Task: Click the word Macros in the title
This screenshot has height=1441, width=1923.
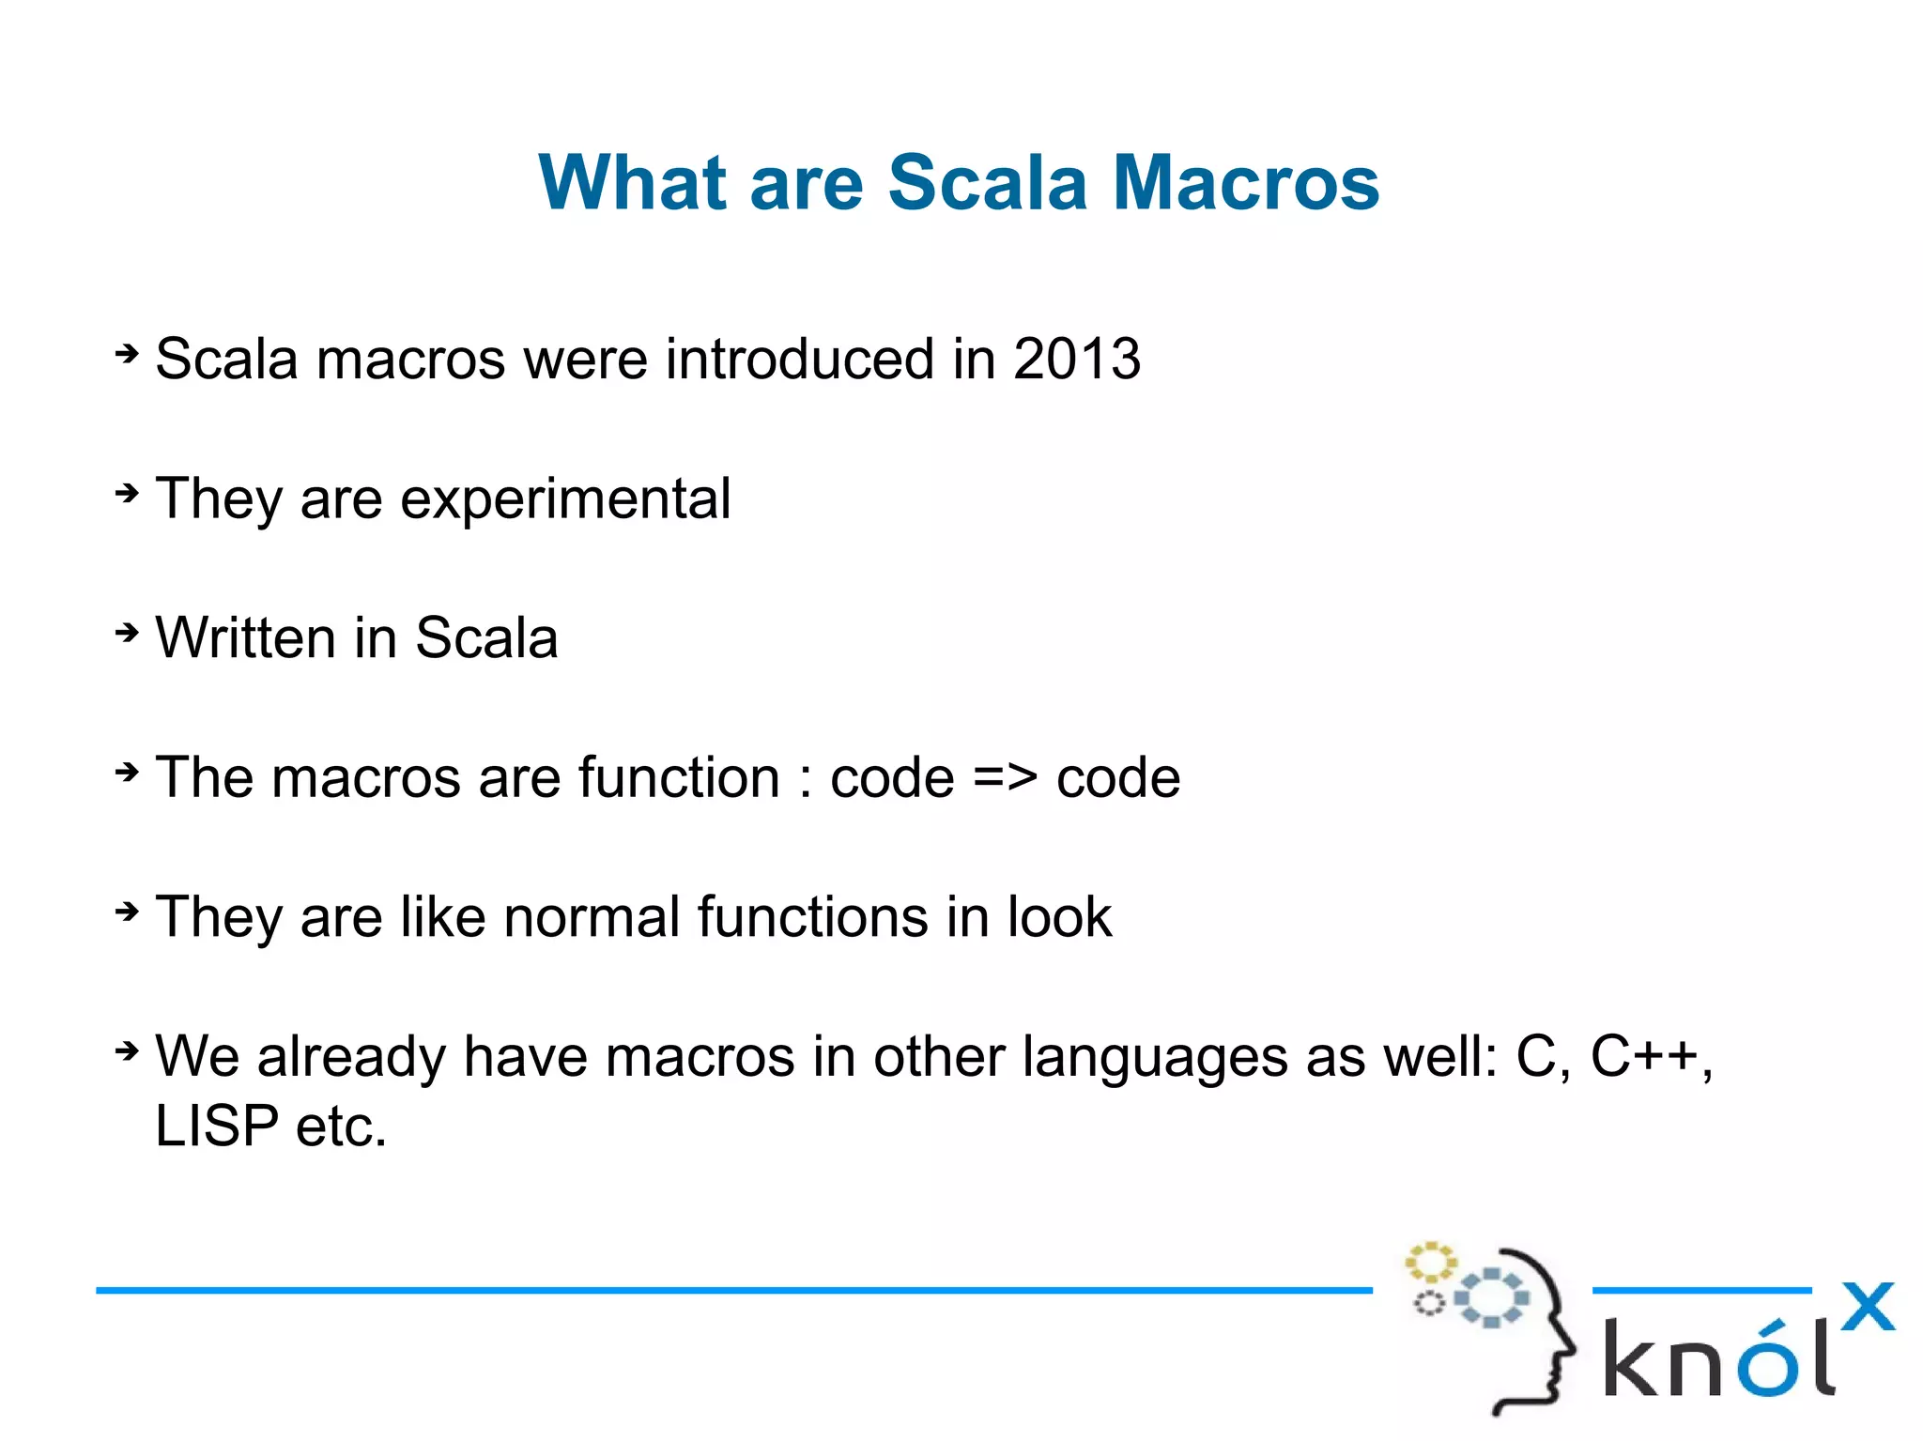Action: pyautogui.click(x=1245, y=182)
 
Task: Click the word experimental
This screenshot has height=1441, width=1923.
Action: pyautogui.click(x=565, y=499)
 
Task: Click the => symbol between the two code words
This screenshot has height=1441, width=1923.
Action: pyautogui.click(x=1005, y=778)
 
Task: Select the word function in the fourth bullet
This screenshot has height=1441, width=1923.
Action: pyautogui.click(x=679, y=778)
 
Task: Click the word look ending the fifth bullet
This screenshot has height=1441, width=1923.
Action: pyautogui.click(x=1059, y=917)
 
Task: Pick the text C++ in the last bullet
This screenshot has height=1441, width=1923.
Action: pyautogui.click(x=1644, y=1056)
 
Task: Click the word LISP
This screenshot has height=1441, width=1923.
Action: pyautogui.click(x=217, y=1126)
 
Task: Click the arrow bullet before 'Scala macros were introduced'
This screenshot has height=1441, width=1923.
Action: pyautogui.click(x=127, y=354)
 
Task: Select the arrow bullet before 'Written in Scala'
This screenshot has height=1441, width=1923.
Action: pyautogui.click(x=127, y=633)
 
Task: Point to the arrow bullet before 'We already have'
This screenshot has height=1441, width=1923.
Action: pyautogui.click(x=127, y=1050)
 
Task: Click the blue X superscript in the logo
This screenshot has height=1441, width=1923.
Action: pyautogui.click(x=1867, y=1307)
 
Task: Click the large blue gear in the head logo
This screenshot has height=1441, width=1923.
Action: pyautogui.click(x=1492, y=1297)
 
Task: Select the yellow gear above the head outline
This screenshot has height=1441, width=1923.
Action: pyautogui.click(x=1430, y=1263)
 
